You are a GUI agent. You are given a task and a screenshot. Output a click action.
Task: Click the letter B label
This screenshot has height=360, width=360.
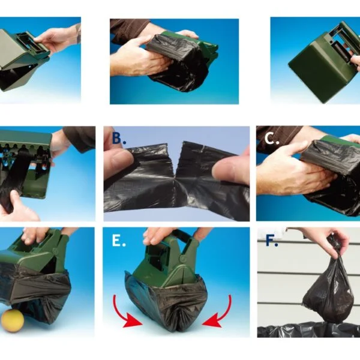tap(118, 138)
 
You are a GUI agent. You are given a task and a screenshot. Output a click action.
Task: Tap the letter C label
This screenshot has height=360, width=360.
tap(271, 139)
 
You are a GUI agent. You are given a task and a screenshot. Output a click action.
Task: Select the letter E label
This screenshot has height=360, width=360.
tap(118, 241)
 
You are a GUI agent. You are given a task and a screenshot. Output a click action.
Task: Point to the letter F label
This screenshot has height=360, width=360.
tap(271, 240)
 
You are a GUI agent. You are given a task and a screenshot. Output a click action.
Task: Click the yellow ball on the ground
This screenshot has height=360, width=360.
tap(13, 320)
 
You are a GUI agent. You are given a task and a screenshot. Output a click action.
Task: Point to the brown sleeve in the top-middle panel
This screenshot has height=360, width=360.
tap(128, 29)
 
